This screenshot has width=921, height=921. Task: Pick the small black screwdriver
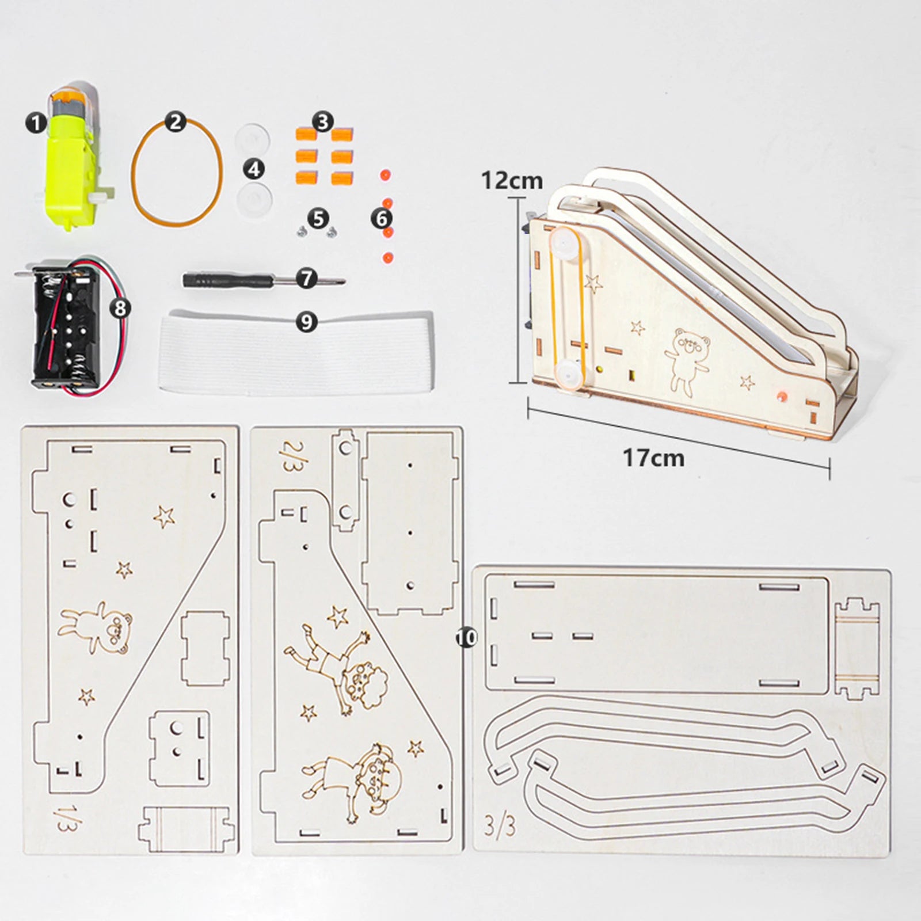click(x=242, y=280)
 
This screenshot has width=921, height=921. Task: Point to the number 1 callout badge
click(x=36, y=123)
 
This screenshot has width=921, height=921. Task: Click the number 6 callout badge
click(x=382, y=218)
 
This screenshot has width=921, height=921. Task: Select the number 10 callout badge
click(x=466, y=637)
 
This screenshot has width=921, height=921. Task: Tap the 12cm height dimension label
click(x=512, y=180)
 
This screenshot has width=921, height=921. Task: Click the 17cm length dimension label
click(x=653, y=458)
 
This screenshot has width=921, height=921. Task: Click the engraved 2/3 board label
click(x=290, y=456)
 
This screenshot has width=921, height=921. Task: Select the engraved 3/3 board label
click(x=500, y=826)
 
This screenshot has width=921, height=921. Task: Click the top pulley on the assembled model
click(x=565, y=245)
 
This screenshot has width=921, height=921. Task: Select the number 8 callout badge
click(x=120, y=308)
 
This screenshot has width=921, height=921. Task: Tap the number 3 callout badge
click(x=323, y=122)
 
